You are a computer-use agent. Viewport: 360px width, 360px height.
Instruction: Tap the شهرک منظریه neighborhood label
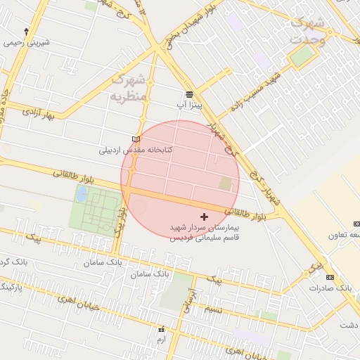point(129,86)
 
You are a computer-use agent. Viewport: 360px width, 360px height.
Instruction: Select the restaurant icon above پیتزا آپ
point(189,94)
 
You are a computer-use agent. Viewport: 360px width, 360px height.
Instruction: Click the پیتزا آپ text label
point(189,105)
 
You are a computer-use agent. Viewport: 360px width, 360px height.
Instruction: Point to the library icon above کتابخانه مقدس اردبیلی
point(136,139)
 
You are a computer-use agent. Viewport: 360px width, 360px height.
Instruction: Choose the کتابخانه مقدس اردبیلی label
point(135,150)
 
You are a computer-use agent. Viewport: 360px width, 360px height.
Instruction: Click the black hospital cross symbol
point(205,217)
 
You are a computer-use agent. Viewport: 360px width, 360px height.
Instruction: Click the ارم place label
point(162,339)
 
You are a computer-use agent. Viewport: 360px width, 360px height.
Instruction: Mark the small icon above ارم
point(162,329)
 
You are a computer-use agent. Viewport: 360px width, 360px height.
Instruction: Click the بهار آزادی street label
point(38,112)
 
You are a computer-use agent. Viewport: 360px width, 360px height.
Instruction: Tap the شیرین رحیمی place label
point(27,42)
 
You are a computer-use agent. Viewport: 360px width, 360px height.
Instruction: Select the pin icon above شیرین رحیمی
point(27,32)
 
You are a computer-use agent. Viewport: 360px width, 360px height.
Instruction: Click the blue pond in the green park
point(82,193)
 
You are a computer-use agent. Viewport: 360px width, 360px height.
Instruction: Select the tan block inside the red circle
point(225,184)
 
